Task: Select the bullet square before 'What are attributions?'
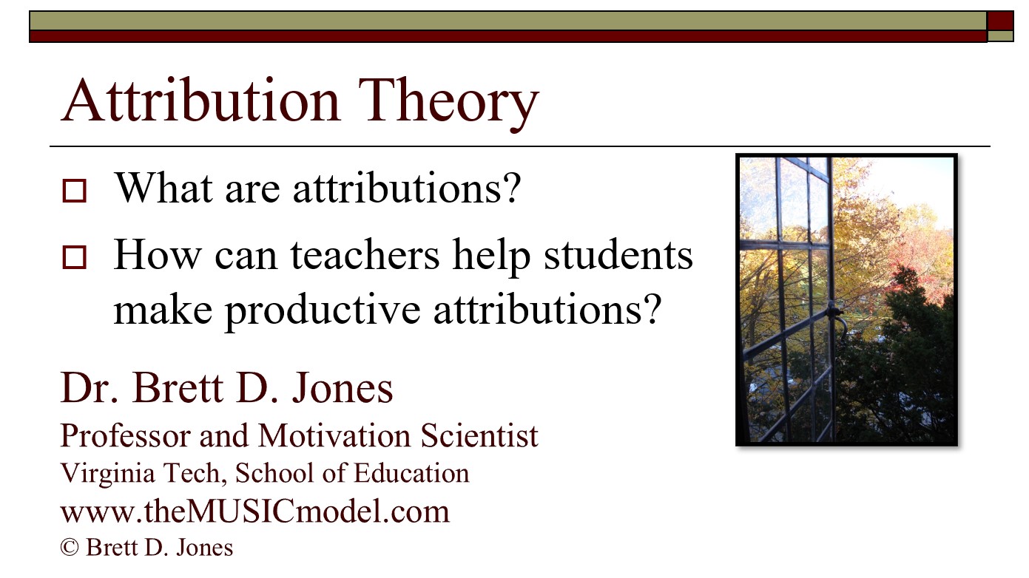[75, 191]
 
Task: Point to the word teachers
[367, 256]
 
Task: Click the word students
[618, 256]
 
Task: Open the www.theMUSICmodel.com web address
[254, 511]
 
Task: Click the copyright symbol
[70, 548]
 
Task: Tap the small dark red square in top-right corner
[1000, 20]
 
